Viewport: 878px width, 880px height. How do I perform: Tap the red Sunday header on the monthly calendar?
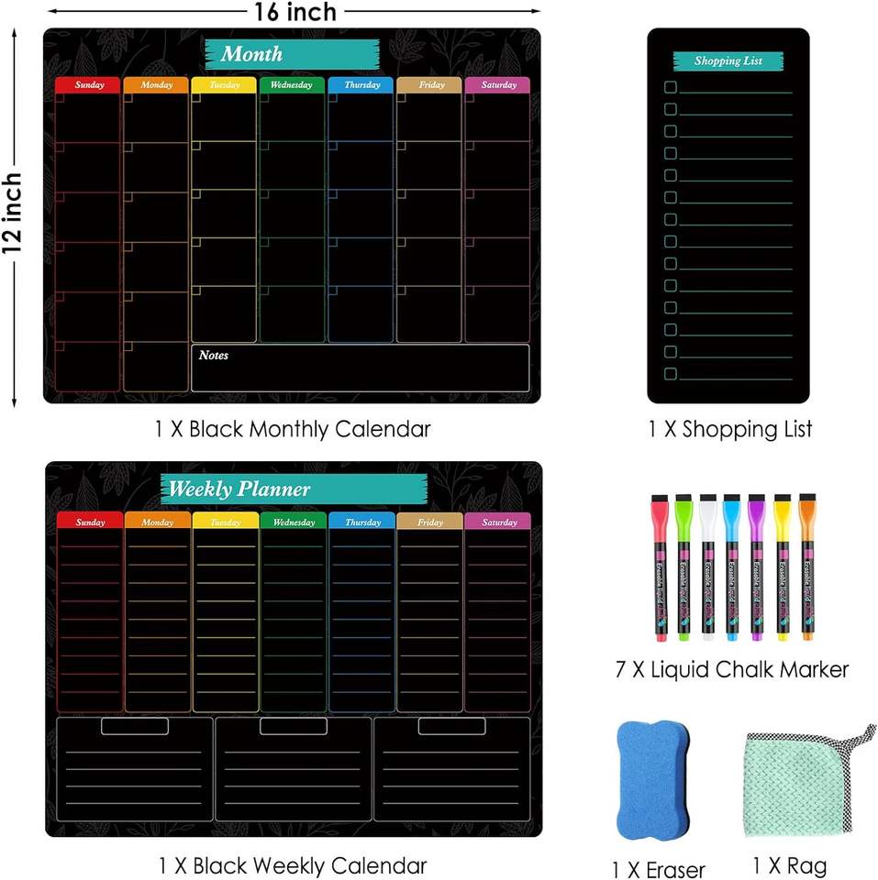tap(88, 85)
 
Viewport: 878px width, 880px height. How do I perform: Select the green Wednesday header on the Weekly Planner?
tap(293, 522)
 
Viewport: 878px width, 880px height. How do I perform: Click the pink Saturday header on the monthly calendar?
tap(497, 85)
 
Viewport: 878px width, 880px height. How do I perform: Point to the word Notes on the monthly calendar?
tap(214, 356)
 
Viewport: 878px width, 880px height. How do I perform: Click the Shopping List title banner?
tap(728, 61)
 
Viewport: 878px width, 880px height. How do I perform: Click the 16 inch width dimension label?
tap(295, 12)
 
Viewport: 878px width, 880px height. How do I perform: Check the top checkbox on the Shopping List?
tap(670, 87)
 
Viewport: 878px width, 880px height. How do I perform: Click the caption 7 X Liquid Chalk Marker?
tap(731, 669)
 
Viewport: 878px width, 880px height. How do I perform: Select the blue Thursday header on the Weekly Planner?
tap(361, 522)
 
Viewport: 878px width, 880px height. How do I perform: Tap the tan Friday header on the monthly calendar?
tap(429, 85)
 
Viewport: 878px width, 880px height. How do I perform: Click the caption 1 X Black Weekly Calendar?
tap(293, 864)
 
